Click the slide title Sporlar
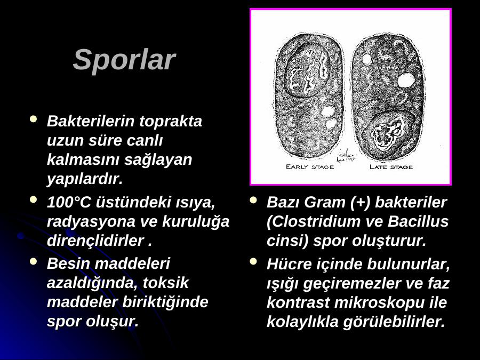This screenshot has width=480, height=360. click(124, 60)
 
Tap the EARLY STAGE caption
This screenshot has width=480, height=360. click(309, 167)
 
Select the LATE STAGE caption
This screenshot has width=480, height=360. click(391, 167)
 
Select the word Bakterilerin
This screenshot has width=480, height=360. click(91, 121)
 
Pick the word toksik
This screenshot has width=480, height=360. click(166, 283)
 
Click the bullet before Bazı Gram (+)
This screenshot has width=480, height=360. click(253, 200)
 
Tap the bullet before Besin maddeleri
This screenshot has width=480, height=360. click(33, 261)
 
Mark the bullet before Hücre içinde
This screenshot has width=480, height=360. click(253, 261)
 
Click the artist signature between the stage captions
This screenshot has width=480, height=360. click(347, 156)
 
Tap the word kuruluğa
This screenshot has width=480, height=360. click(196, 222)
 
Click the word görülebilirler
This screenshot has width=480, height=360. click(394, 322)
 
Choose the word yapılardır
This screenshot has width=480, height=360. click(85, 179)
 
